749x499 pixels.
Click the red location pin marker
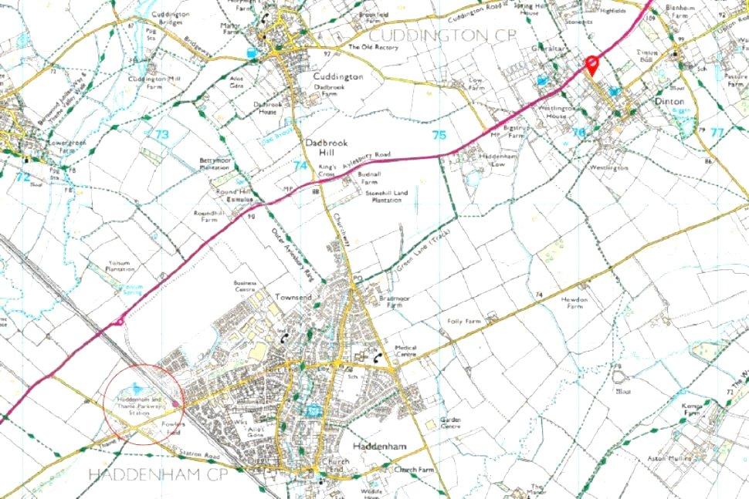coord(592,65)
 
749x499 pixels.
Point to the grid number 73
coord(161,134)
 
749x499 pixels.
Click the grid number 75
coord(439,135)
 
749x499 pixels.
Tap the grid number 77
coord(717,132)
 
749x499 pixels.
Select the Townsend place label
coord(293,297)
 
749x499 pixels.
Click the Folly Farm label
coord(463,321)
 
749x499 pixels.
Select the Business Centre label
coord(249,285)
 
